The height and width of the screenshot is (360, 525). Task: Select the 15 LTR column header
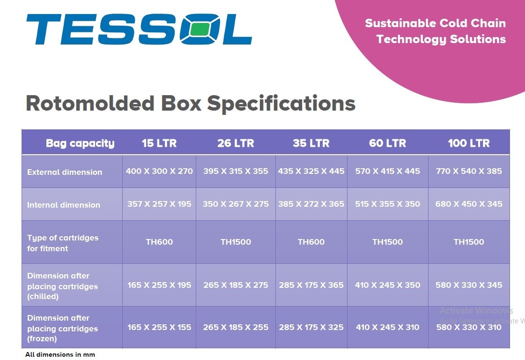[x=159, y=143]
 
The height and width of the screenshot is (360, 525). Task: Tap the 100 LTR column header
[x=468, y=143]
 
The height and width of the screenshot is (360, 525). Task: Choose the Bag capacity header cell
[x=80, y=143]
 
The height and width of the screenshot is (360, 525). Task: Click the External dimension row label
[x=65, y=172]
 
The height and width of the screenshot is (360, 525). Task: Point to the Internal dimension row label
[x=64, y=205]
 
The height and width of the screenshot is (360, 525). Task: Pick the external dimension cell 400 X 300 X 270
[x=159, y=171]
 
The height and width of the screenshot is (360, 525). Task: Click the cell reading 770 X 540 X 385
[x=468, y=171]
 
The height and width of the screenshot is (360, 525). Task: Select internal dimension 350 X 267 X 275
[x=236, y=204]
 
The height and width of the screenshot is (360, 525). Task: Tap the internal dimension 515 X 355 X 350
[x=387, y=204]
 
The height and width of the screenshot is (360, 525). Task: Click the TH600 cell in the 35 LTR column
[x=311, y=242]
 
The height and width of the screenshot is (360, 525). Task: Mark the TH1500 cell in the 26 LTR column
[x=236, y=242]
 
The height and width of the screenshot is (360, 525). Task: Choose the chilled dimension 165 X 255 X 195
[x=159, y=285]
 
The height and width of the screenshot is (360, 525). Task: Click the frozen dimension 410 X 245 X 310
[x=387, y=327]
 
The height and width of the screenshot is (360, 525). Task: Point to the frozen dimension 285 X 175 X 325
[x=311, y=327]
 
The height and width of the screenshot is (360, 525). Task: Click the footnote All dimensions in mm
[x=60, y=354]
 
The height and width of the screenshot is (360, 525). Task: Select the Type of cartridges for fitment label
[x=63, y=243]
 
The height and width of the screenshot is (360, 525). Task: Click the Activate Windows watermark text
[x=476, y=310]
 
